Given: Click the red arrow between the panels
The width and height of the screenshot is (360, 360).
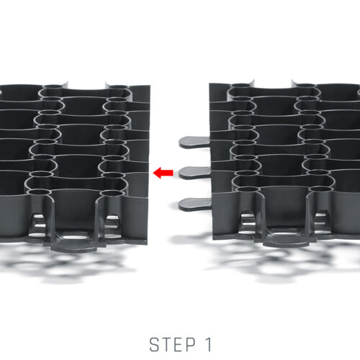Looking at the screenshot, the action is click(163, 173).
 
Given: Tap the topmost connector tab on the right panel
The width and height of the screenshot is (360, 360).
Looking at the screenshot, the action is click(194, 142).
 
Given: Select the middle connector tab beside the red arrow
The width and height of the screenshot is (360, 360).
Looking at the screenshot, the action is click(194, 173).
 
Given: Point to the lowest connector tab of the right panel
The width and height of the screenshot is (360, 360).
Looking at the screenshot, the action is click(195, 204).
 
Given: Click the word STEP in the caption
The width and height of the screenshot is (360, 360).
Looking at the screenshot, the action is click(173, 345).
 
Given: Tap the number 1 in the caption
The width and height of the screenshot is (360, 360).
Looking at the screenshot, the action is click(208, 345).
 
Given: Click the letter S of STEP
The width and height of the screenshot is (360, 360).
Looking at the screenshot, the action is click(154, 345).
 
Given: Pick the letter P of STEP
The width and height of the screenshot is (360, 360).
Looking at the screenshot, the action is click(191, 345).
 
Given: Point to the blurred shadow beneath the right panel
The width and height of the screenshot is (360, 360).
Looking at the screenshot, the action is click(276, 261).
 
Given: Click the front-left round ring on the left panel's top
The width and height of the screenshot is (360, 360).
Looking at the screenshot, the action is click(39, 192).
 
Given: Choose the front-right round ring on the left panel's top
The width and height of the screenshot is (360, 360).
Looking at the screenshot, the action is click(112, 193).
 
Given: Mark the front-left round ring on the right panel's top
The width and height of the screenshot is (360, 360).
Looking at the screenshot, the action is click(248, 189).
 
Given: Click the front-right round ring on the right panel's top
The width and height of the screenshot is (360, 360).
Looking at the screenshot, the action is click(321, 189).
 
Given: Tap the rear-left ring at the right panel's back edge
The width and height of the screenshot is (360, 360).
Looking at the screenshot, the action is click(242, 85).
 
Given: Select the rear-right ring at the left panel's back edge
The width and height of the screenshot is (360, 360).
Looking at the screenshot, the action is click(118, 86).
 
